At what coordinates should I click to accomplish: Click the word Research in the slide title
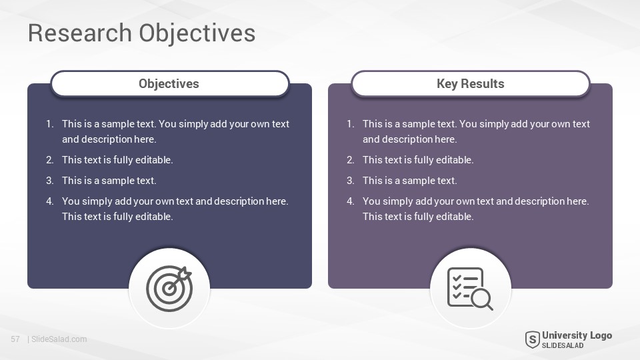coord(79,33)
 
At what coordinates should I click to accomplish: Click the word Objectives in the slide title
coord(197,33)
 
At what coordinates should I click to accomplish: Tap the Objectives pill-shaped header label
coord(170,84)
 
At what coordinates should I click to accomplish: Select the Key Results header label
coord(471,84)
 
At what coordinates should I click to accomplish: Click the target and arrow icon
coord(169,288)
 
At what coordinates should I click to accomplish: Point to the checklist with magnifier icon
coord(470,288)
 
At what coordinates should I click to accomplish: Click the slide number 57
coord(15,339)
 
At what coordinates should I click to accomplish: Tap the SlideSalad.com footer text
coord(59,339)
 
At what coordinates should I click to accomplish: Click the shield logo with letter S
coord(532,339)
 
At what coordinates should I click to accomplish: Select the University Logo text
coord(577,335)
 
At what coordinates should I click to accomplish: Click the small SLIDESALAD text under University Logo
coord(563,345)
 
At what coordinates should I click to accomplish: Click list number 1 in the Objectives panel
coord(49,124)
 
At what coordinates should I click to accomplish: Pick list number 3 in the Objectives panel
coord(49,181)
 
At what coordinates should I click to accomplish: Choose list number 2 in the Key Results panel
coord(350,159)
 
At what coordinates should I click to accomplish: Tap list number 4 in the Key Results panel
coord(350,201)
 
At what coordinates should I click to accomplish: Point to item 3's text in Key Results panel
coord(410,181)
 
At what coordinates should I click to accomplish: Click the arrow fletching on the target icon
coord(186,273)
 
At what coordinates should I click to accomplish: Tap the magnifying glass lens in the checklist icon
coord(481,299)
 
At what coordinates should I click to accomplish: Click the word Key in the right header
coord(447,84)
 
